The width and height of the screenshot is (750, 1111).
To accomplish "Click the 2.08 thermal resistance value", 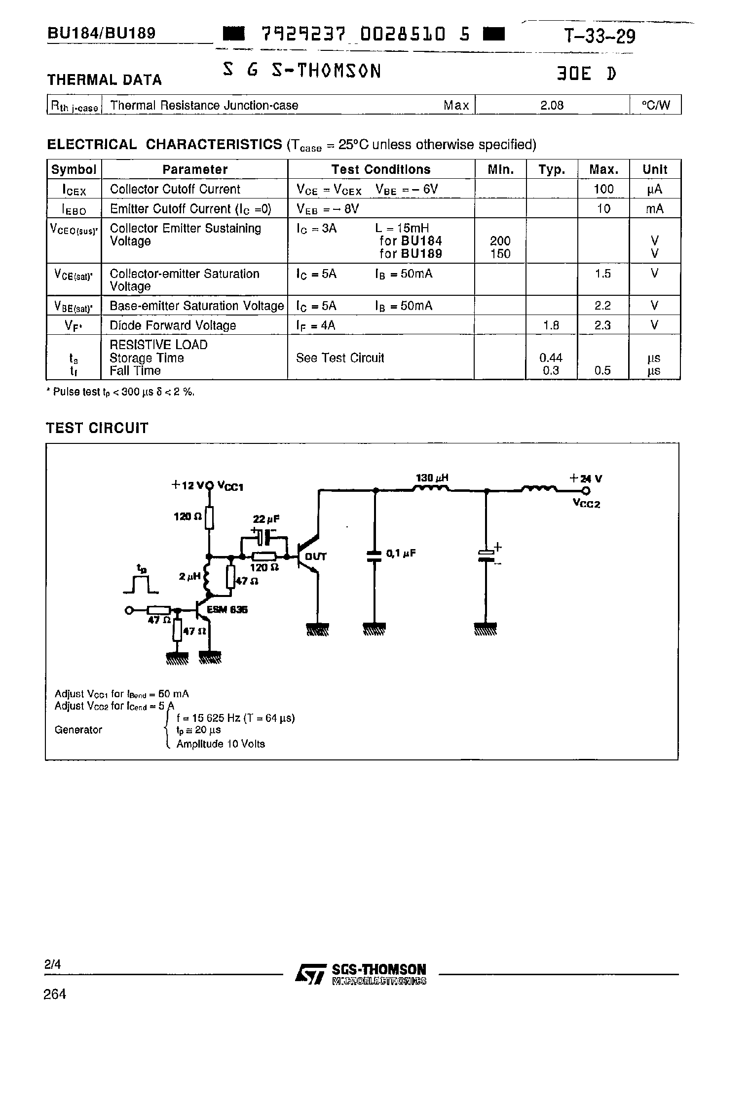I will pos(552,105).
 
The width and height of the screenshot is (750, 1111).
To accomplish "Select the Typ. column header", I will pos(552,169).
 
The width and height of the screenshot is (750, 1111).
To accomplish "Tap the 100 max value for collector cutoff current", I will pos(603,189).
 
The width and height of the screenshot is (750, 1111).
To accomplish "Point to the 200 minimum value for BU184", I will pos(500,241).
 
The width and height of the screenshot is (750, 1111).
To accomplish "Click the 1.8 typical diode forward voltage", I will pos(551,325).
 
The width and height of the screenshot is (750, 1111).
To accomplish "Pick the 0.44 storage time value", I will pos(551,357).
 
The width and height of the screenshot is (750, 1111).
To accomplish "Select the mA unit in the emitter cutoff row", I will pos(655,209).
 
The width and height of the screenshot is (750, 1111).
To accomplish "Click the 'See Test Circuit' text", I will pos(339,358).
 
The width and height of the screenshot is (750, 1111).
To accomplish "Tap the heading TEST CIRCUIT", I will pos(97,428).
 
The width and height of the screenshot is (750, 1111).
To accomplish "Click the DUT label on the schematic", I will pos(316,556).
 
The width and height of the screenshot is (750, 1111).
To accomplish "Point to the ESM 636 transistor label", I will pos(227,610).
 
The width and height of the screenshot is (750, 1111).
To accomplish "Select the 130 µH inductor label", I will pos(432,478).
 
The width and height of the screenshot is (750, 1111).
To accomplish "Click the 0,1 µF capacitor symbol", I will pos(375,556).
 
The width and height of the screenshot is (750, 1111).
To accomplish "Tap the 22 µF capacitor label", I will pos(266,519).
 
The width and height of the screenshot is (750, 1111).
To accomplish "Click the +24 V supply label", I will pos(586,478).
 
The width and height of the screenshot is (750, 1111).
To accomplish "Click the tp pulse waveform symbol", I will pos(141,583).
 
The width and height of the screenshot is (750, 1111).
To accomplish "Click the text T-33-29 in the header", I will pos(599,36).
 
